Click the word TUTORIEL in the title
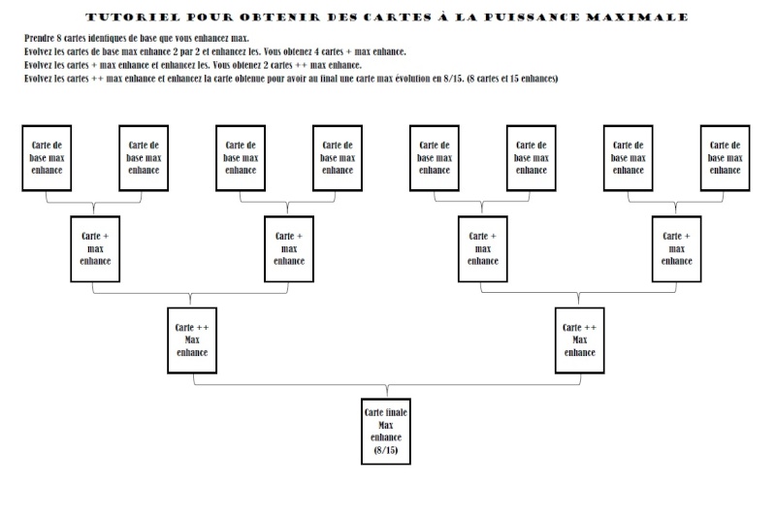[133, 17]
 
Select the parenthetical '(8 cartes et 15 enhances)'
[512, 79]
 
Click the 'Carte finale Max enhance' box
[386, 432]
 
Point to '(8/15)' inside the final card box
[386, 450]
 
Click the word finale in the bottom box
[396, 412]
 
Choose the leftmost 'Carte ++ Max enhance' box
[192, 340]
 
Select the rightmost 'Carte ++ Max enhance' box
[579, 340]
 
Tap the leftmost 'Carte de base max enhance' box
[47, 158]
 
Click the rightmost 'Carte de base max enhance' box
[725, 158]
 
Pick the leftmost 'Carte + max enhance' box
[95, 249]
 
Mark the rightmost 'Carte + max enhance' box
[676, 249]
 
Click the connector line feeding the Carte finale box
[387, 384]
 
